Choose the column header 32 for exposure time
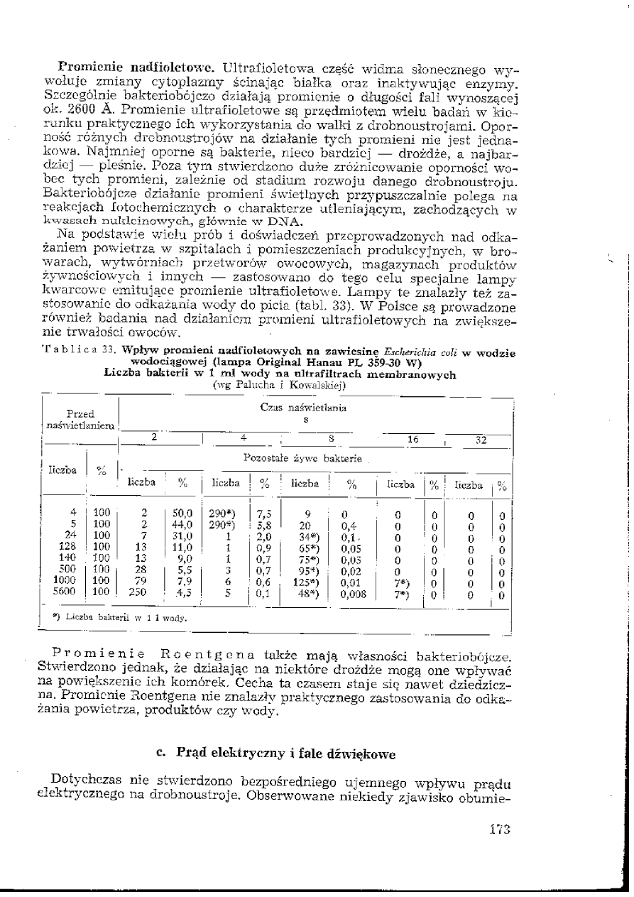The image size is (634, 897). [x=480, y=440]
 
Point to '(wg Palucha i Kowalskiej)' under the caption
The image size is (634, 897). [x=279, y=385]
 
